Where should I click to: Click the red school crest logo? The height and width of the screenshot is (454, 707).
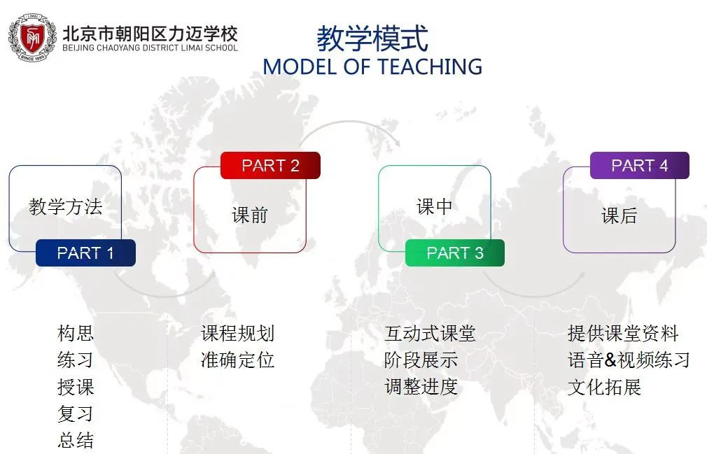[32, 37]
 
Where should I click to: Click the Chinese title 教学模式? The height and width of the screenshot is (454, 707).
[372, 38]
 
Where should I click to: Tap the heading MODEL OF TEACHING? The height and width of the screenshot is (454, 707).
[372, 66]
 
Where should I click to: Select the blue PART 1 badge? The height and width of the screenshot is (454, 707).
[85, 253]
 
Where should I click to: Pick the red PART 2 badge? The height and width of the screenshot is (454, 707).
[270, 165]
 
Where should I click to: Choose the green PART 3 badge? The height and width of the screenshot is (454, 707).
[455, 253]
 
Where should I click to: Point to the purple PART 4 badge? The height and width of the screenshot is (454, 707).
[640, 165]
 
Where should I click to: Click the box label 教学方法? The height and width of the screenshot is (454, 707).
[66, 207]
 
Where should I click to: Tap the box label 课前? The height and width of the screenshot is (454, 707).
[250, 215]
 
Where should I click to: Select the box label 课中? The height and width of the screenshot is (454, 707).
[435, 207]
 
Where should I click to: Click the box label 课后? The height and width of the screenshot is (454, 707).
[619, 215]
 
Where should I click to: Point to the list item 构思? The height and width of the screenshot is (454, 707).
[76, 333]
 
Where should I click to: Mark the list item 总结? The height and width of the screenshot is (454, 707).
[76, 439]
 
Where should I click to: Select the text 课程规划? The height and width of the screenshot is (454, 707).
[237, 333]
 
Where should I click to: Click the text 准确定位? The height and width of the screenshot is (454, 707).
[237, 360]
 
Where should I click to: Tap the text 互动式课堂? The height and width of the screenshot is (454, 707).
[430, 333]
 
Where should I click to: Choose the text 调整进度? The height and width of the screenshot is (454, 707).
[421, 386]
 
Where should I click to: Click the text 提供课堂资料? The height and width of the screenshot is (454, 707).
[623, 333]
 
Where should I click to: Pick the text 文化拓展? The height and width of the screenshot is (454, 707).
[604, 386]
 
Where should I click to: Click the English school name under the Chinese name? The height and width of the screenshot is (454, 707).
[150, 48]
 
